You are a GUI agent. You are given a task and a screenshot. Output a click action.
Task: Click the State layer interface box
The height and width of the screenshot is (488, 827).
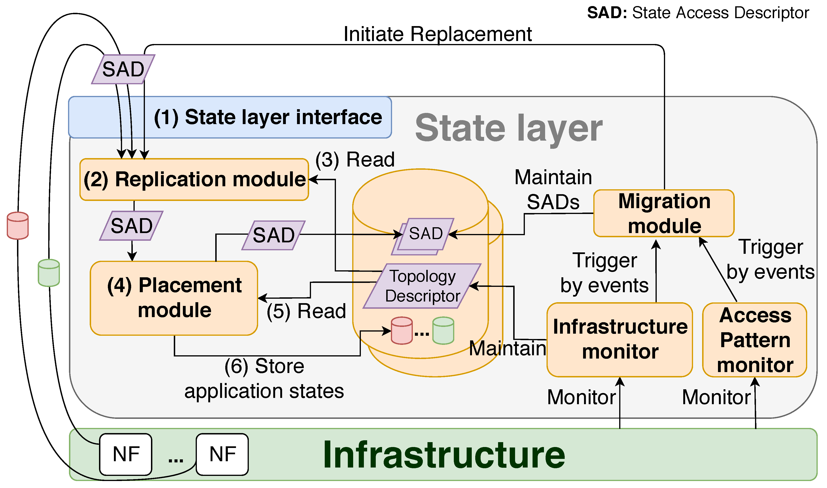click(230, 117)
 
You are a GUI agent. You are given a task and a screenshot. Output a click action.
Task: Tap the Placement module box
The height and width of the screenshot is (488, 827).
click(174, 298)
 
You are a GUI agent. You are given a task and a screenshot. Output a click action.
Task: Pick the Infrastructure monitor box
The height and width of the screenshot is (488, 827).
click(620, 340)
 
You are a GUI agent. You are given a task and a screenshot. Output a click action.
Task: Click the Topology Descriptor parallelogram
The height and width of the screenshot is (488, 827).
click(422, 286)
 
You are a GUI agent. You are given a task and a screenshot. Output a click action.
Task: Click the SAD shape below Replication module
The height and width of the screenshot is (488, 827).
click(132, 226)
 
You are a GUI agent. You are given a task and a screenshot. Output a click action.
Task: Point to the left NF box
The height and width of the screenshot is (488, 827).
click(126, 454)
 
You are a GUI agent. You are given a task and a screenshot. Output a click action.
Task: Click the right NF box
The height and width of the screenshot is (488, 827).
click(222, 454)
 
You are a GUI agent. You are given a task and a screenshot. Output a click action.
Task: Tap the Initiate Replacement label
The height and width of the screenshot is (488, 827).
click(437, 34)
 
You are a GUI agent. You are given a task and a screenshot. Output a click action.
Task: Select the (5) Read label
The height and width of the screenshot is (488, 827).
click(306, 311)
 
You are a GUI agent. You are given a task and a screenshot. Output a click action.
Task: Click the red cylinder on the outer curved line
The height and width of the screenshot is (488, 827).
click(18, 226)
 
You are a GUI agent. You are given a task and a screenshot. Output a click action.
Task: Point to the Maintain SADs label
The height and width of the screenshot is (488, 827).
click(553, 190)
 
